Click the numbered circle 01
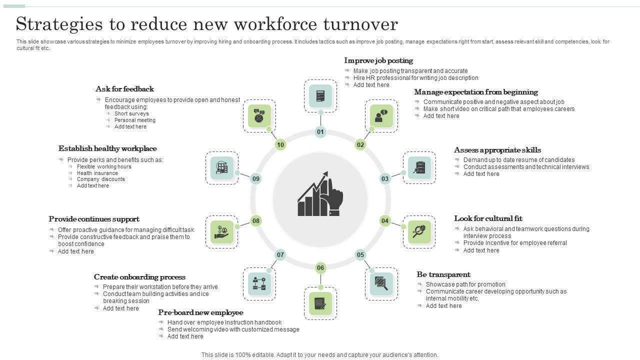point(320,132)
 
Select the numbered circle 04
point(385,220)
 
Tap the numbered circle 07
point(280,255)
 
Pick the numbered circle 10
point(280,145)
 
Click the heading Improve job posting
point(378,60)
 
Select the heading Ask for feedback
point(124,89)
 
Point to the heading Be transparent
point(443,274)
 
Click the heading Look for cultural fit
point(488,218)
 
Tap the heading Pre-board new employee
point(200,312)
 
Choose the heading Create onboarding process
point(139,277)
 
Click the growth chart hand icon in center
point(320,194)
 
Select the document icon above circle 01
point(320,95)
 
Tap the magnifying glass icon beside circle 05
point(381,284)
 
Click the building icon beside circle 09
point(222,168)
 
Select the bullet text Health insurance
point(97,173)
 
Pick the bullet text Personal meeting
point(134,120)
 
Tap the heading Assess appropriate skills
point(497,150)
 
